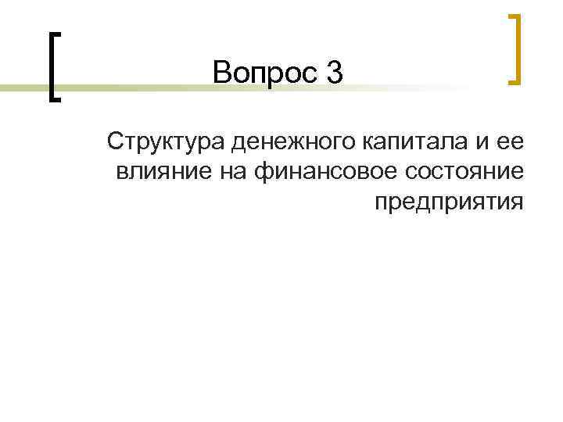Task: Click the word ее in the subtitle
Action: [509, 143]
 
